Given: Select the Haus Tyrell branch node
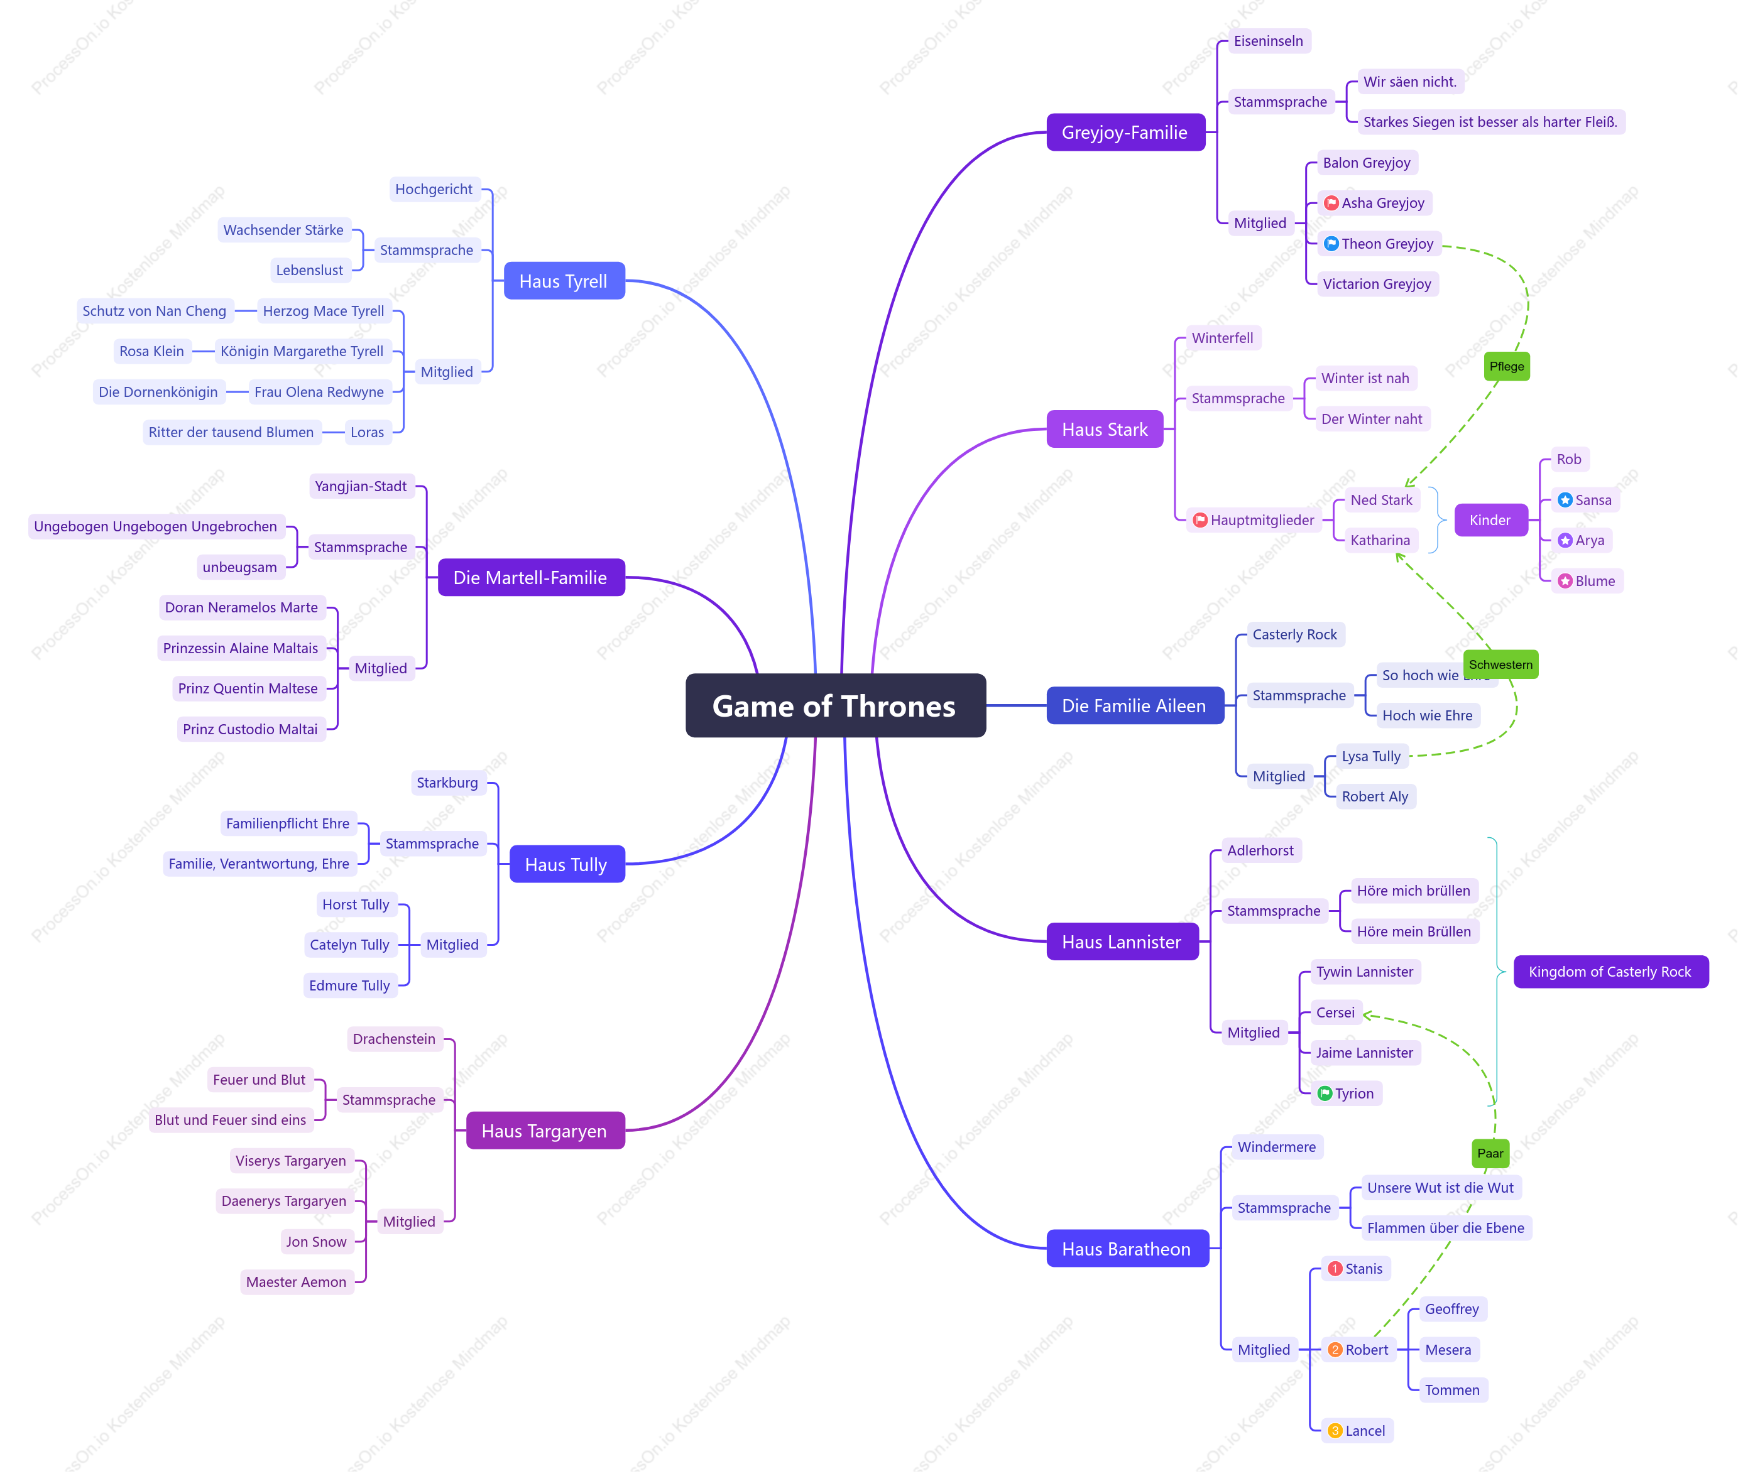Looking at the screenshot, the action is click(x=564, y=281).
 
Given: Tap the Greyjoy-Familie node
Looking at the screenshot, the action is click(x=1125, y=133).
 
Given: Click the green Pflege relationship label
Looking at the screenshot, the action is click(x=1507, y=366).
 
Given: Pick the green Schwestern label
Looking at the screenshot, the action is click(x=1500, y=664).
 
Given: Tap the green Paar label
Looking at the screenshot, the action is click(x=1490, y=1153).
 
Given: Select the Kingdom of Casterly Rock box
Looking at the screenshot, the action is click(x=1610, y=971).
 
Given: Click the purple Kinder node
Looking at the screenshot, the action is click(x=1490, y=520).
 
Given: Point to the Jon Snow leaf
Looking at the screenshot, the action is click(x=316, y=1241).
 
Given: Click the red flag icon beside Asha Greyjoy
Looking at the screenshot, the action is click(x=1331, y=203).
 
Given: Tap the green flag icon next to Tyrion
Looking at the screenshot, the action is click(x=1325, y=1093).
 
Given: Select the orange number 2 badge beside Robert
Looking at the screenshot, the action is click(x=1335, y=1349).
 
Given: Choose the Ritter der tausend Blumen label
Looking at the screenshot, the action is click(x=231, y=432).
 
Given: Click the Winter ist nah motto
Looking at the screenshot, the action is click(x=1365, y=378).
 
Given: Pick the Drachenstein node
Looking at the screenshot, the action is click(x=394, y=1038).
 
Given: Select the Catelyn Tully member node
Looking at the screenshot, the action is click(x=350, y=944).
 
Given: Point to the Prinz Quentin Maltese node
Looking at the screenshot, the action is click(x=248, y=688).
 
